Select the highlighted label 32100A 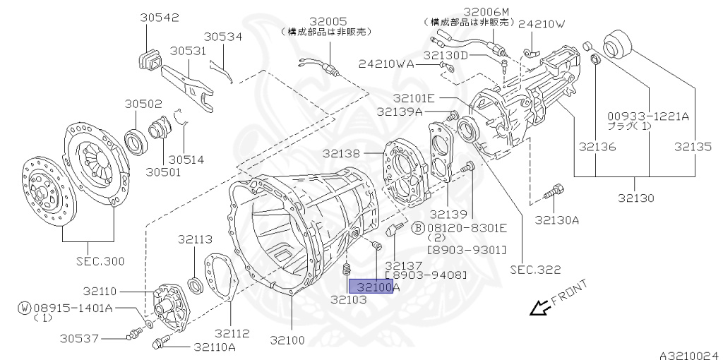378,287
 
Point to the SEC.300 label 100,261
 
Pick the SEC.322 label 535,269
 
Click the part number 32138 342,153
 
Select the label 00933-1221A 648,116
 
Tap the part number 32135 693,148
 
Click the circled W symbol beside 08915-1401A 25,308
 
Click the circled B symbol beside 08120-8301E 418,227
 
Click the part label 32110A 215,347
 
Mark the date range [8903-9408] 426,274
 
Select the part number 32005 327,20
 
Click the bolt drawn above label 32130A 555,191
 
